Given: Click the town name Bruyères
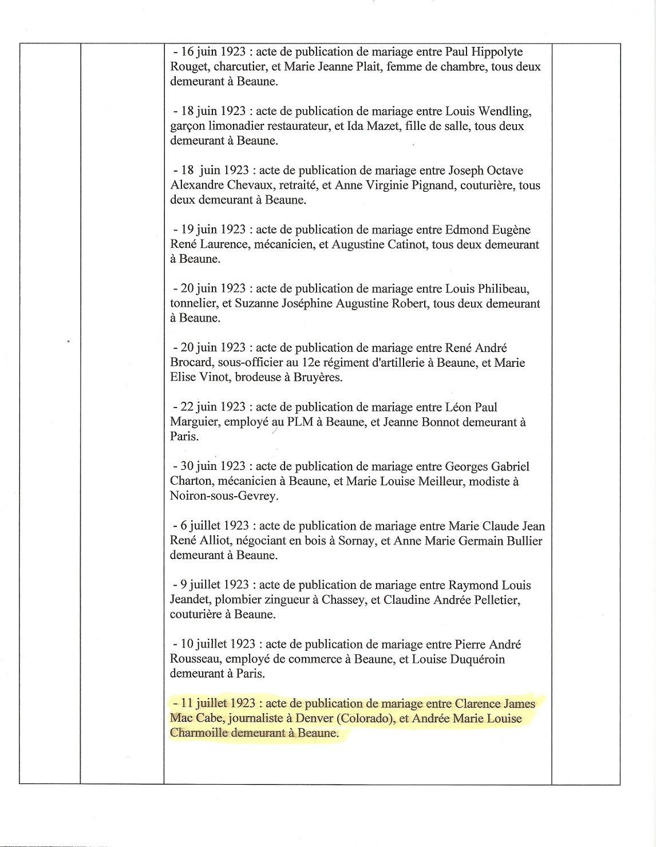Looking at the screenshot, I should click(x=317, y=377).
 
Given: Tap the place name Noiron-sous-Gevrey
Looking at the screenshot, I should click(x=224, y=496).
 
